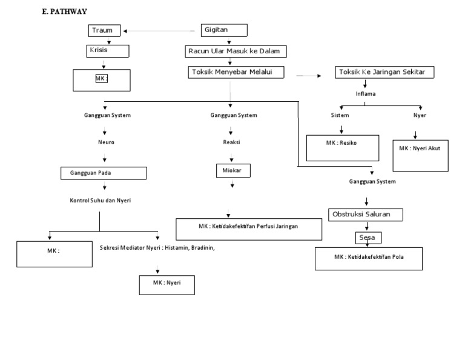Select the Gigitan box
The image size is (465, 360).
pyautogui.click(x=223, y=30)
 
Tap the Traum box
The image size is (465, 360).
pyautogui.click(x=105, y=30)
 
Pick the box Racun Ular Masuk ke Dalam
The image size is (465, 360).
pyautogui.click(x=236, y=51)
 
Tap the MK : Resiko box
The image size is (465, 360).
pyautogui.click(x=342, y=148)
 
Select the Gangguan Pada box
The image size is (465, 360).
pyautogui.click(x=104, y=173)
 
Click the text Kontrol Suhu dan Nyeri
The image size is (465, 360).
pyautogui.click(x=101, y=200)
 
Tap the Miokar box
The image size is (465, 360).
pyautogui.click(x=232, y=171)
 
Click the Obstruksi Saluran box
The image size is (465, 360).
pyautogui.click(x=366, y=215)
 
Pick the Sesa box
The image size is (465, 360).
pyautogui.click(x=368, y=238)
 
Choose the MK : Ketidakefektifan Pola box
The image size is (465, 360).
pyautogui.click(x=368, y=258)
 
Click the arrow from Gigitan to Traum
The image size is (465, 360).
pyautogui.click(x=160, y=30)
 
